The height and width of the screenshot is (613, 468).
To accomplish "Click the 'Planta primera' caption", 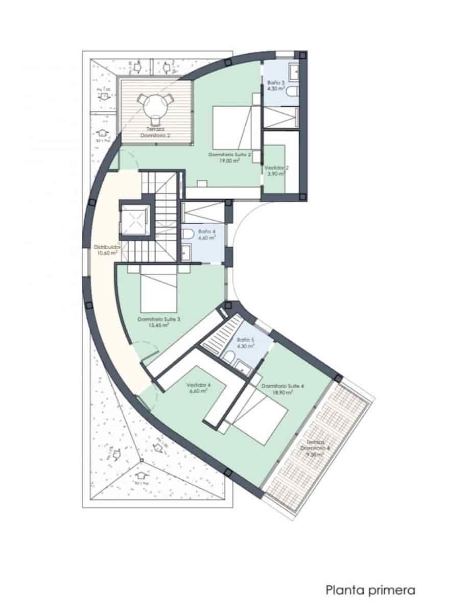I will pyautogui.click(x=370, y=591).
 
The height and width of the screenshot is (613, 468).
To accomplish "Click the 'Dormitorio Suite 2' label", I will pyautogui.click(x=229, y=154).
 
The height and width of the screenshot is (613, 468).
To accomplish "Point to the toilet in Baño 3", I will pyautogui.click(x=292, y=92).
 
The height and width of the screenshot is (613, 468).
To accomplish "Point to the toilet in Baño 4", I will pyautogui.click(x=189, y=234).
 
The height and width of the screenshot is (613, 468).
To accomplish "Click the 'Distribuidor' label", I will pyautogui.click(x=107, y=248).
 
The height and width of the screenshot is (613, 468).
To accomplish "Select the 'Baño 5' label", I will pyautogui.click(x=245, y=339).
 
